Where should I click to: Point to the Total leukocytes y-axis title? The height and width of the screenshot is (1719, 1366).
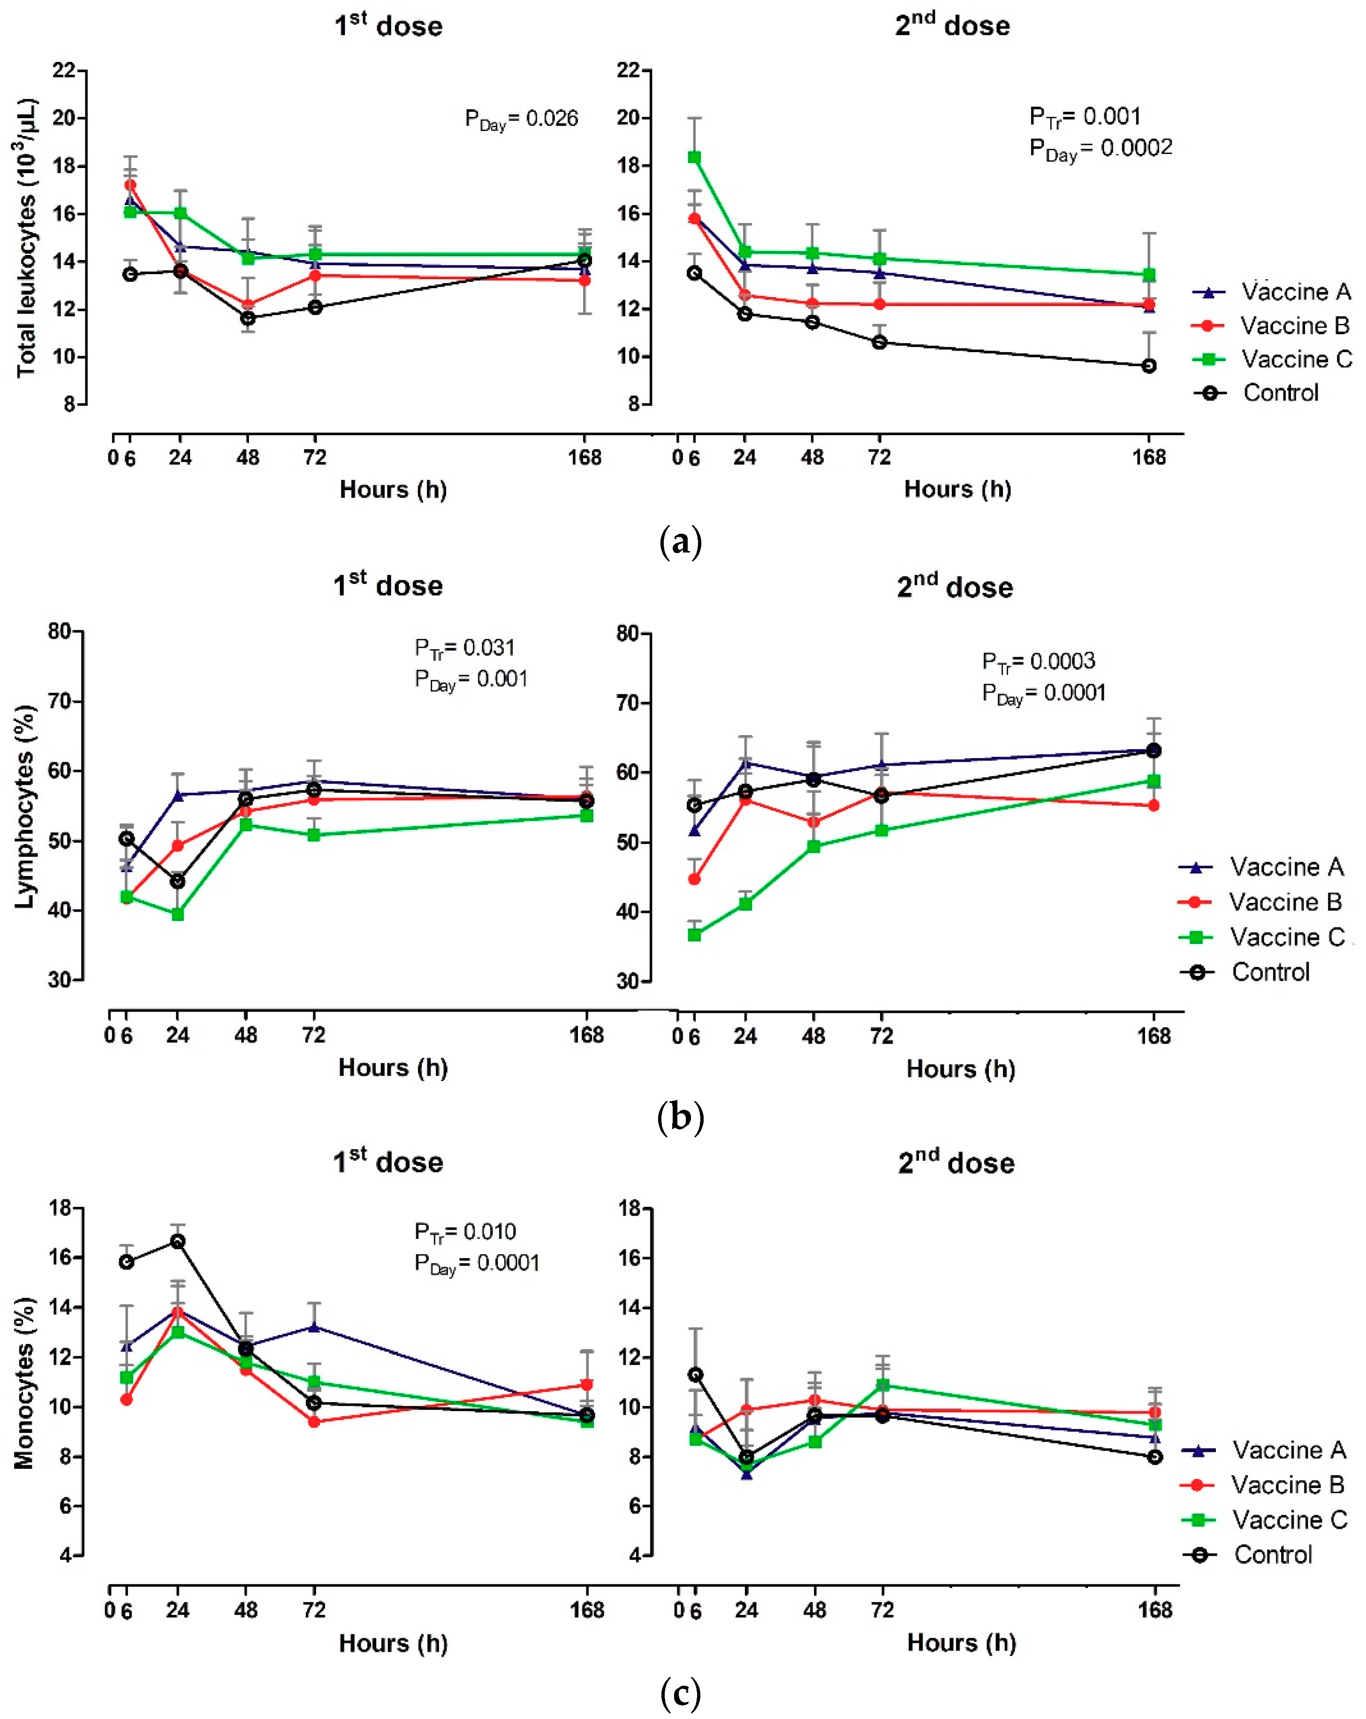pyautogui.click(x=26, y=238)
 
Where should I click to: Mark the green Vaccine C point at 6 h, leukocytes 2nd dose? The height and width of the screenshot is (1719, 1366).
pyautogui.click(x=694, y=157)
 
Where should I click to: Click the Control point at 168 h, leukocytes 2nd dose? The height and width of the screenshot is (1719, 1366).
pyautogui.click(x=1148, y=366)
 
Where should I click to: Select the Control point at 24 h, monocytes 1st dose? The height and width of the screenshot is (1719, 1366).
pyautogui.click(x=178, y=1242)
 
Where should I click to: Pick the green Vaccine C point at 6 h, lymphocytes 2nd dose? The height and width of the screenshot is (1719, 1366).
pyautogui.click(x=694, y=935)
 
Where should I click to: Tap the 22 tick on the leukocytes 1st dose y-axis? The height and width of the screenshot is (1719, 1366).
pyautogui.click(x=64, y=70)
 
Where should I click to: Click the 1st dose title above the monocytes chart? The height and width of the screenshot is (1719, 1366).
pyautogui.click(x=387, y=1162)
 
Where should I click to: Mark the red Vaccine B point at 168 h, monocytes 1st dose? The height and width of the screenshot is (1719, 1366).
pyautogui.click(x=586, y=1385)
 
